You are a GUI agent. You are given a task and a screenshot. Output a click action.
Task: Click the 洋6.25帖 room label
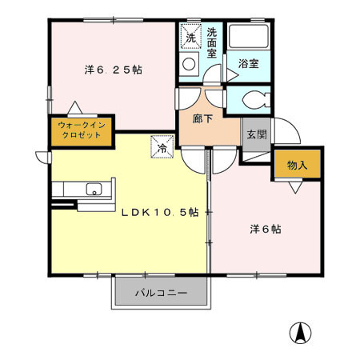coord(113,70)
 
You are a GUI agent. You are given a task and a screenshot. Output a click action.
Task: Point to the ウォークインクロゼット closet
coord(79,130)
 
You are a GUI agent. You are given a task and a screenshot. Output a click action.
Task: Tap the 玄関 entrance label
coord(256,134)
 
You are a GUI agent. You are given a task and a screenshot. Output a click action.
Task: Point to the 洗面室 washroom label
coord(212,43)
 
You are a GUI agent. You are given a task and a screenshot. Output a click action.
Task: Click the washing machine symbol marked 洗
coord(191,37)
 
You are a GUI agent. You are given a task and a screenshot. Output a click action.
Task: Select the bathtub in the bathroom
coord(248,37)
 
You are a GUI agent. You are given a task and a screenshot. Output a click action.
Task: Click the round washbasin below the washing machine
coord(190,65)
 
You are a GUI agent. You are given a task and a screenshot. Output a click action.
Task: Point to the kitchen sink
coord(94,190)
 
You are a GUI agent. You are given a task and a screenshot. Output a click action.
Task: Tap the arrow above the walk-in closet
coord(74,108)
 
